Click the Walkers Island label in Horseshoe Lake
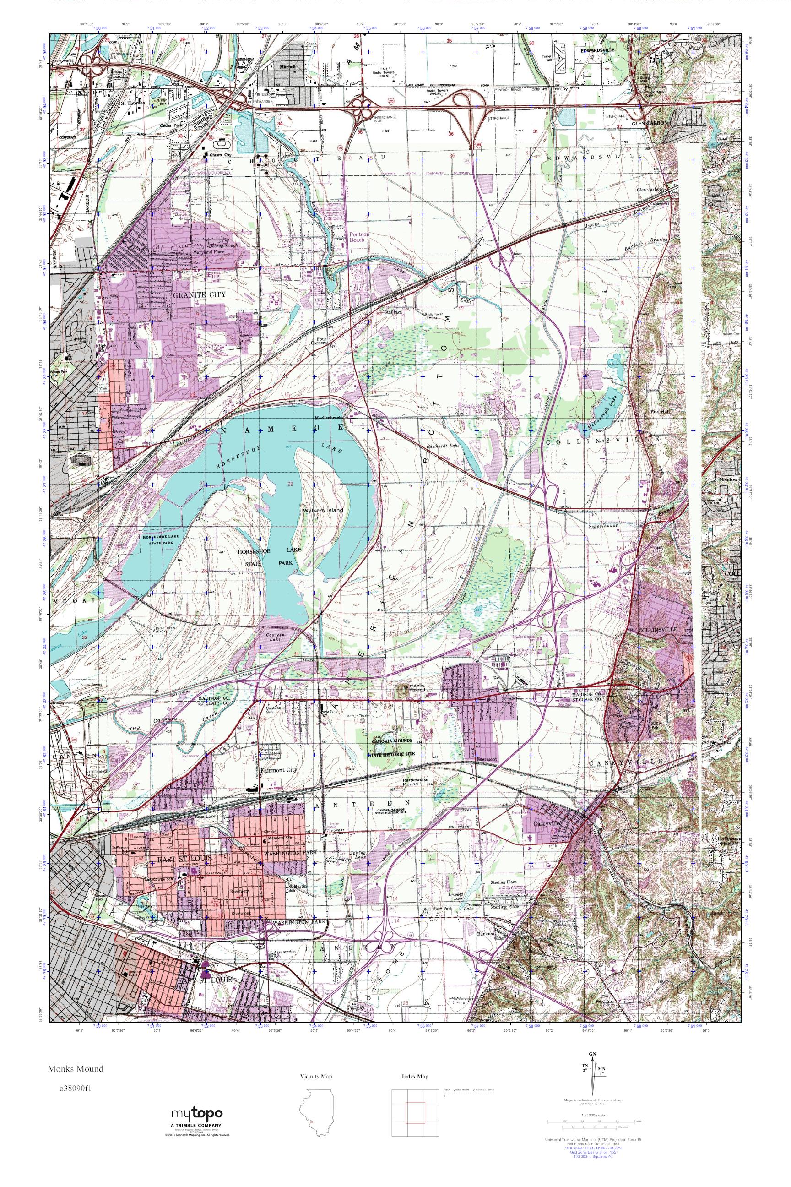coord(323,510)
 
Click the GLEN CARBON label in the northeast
coord(651,123)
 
